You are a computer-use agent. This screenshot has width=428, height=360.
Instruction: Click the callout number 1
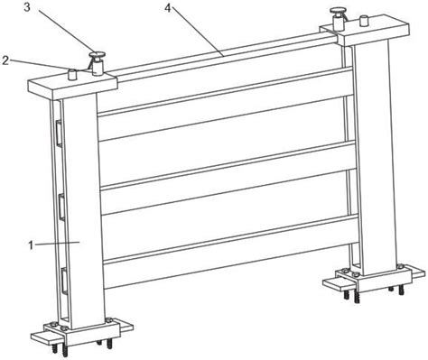tap(31, 245)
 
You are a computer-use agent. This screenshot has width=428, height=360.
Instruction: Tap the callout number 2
tap(5, 60)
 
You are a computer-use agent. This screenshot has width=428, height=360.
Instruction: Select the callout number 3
tap(27, 7)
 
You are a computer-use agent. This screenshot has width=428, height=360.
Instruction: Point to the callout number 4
tap(168, 8)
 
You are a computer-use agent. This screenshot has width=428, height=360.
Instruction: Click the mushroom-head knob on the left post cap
tap(97, 63)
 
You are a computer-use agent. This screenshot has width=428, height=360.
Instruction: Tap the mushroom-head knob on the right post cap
tap(338, 19)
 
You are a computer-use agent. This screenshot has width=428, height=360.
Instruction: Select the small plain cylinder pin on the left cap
tap(72, 74)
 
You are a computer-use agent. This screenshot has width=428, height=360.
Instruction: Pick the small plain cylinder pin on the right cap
tap(365, 21)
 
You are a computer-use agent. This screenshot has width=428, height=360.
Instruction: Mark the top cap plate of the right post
tap(365, 32)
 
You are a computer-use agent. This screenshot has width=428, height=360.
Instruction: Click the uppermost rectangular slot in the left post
tap(58, 134)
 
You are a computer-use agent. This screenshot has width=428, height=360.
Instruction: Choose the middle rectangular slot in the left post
tap(61, 208)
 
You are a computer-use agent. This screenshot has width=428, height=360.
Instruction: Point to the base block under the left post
tap(82, 333)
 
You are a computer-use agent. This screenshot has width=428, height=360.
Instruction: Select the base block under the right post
tap(374, 278)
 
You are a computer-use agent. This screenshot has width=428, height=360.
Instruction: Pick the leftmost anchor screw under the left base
tap(55, 348)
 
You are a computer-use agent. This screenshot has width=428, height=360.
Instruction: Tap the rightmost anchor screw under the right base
tap(401, 291)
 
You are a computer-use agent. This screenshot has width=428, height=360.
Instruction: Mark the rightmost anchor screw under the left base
tap(109, 344)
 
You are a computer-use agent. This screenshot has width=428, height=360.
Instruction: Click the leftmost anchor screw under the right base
tap(347, 294)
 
